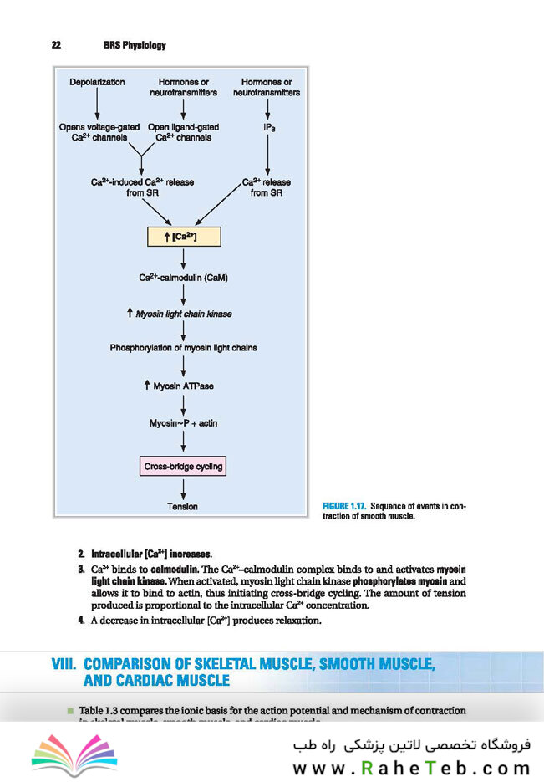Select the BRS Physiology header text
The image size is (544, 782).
tap(135, 45)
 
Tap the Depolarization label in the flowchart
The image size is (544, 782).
tap(97, 82)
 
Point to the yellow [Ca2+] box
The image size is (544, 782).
tap(183, 237)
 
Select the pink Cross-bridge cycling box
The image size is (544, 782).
tap(183, 466)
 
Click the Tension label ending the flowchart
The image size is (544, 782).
tap(183, 506)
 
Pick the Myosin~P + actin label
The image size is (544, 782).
tap(183, 423)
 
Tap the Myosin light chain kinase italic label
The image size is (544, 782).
tap(183, 314)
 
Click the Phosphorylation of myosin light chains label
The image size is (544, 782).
tap(183, 347)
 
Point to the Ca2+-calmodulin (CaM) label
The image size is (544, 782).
tap(183, 277)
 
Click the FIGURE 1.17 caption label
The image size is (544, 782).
tap(343, 507)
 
